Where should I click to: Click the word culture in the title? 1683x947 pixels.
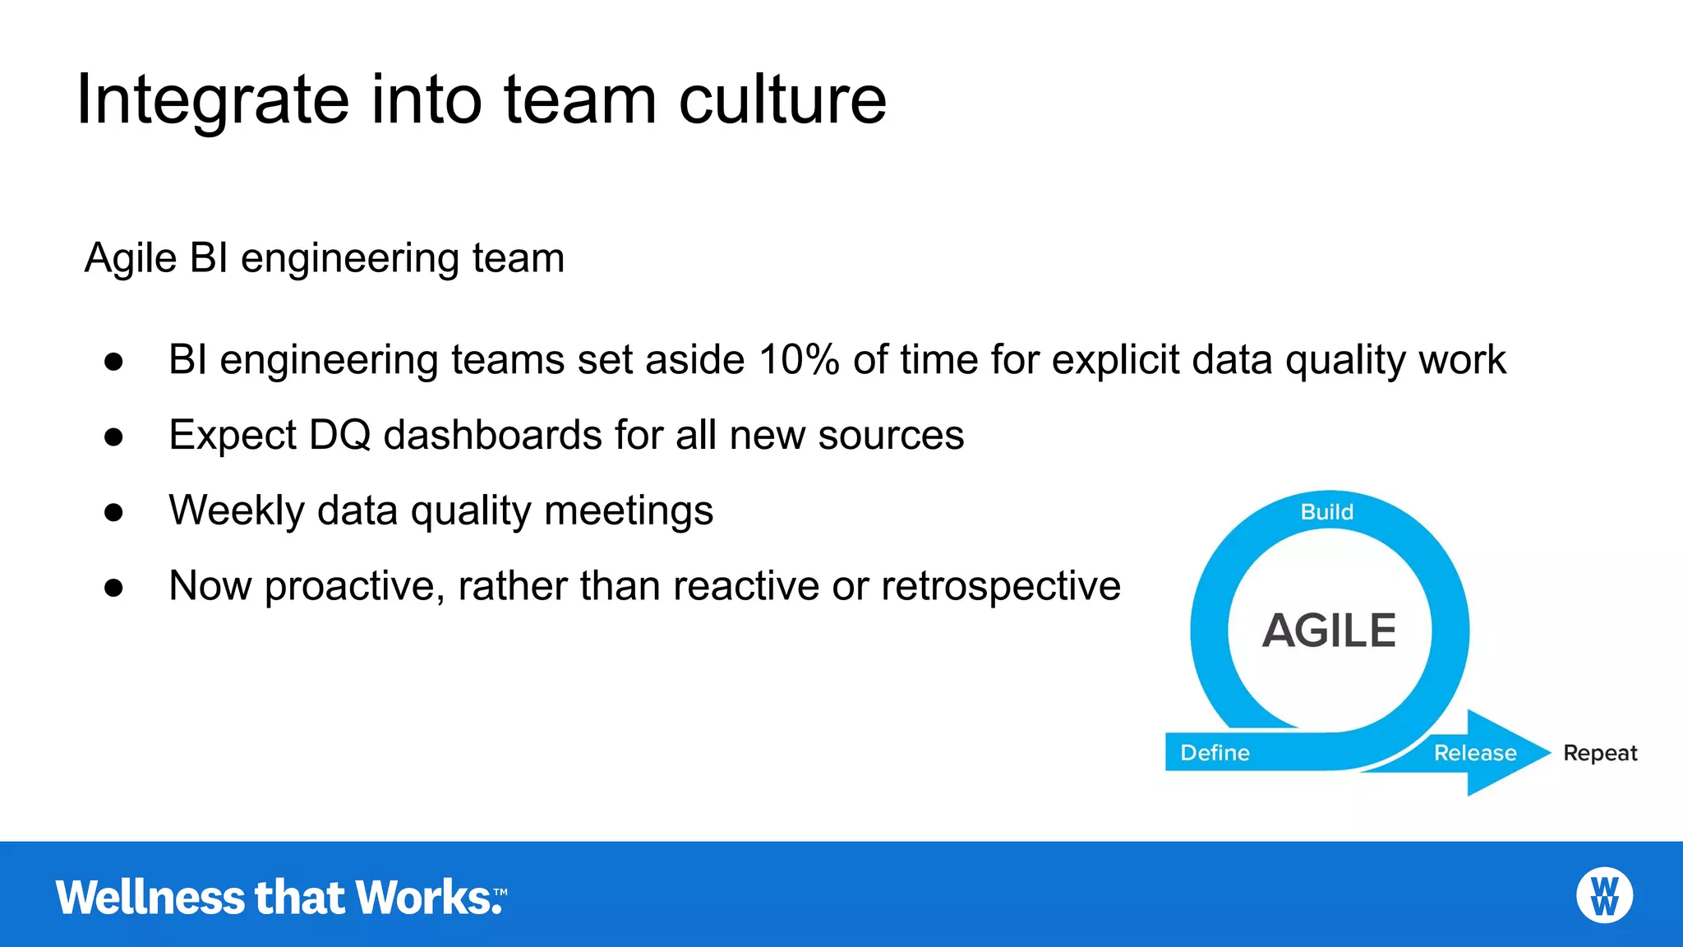(x=782, y=100)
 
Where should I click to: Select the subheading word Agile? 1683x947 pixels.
(x=131, y=259)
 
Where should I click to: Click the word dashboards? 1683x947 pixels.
(x=492, y=435)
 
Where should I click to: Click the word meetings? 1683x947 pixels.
(x=629, y=510)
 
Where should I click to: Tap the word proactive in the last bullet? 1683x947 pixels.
(x=354, y=586)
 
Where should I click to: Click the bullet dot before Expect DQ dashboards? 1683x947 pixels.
(x=113, y=437)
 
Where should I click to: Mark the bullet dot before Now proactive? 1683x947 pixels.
(x=113, y=588)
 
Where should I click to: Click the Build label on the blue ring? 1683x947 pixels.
(x=1326, y=512)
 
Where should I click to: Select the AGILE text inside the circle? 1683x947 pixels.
(x=1329, y=631)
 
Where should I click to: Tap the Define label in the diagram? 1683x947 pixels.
(x=1215, y=753)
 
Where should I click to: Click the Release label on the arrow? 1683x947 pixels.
(x=1474, y=753)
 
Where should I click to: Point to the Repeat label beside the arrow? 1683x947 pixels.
(x=1599, y=753)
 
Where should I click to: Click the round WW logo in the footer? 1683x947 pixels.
(x=1604, y=895)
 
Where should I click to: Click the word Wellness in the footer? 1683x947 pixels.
(x=150, y=897)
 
